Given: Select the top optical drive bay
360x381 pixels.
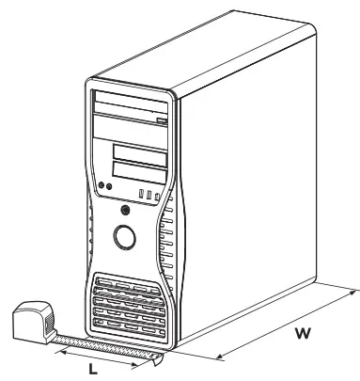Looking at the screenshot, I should tap(131, 105).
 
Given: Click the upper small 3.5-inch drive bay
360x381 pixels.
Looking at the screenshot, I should tap(139, 154).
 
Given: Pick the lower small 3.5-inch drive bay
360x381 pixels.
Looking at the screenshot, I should tap(139, 173).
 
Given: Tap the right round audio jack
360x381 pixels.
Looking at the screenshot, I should tap(110, 189).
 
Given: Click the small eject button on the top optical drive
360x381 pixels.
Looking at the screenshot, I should tap(162, 119).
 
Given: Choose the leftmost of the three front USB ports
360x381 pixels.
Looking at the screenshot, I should tap(140, 195).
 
